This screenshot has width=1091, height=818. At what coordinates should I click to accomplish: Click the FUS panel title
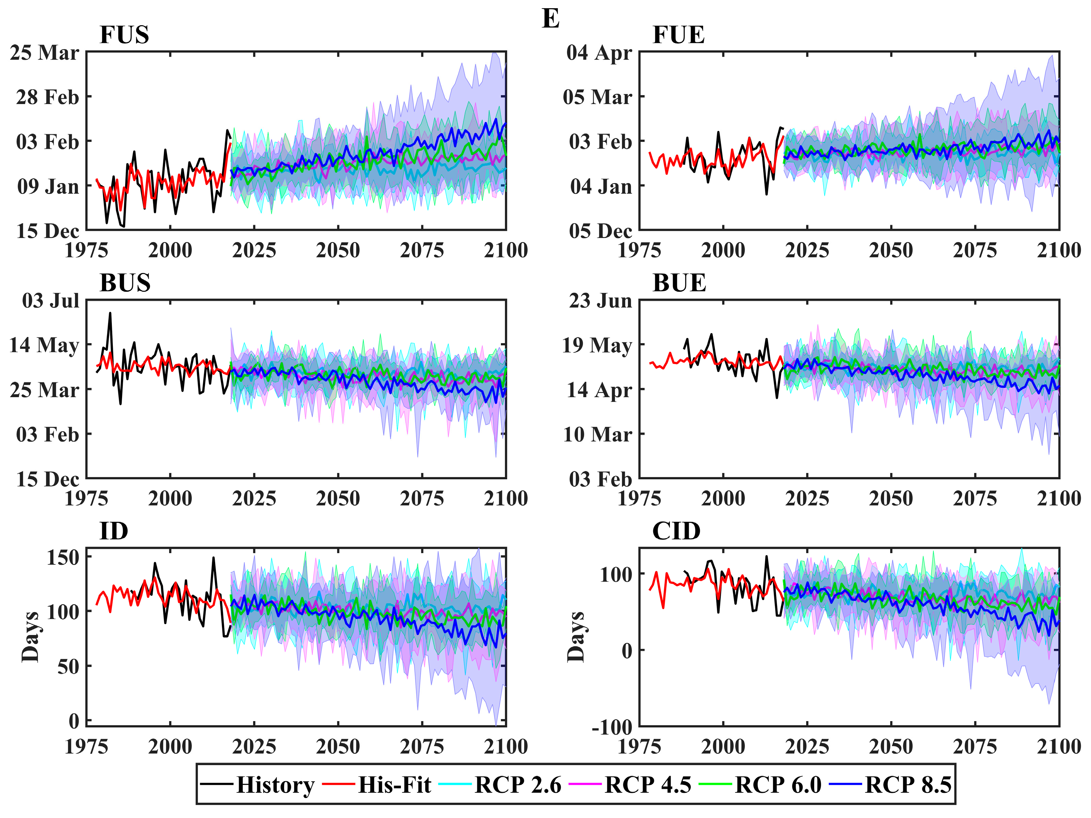pyautogui.click(x=124, y=35)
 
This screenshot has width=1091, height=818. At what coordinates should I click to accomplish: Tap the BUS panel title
pyautogui.click(x=125, y=283)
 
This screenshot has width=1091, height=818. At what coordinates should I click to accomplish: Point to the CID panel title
pyautogui.click(x=676, y=531)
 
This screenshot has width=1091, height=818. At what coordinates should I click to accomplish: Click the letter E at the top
pyautogui.click(x=550, y=19)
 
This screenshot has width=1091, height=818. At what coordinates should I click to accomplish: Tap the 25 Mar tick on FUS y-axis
pyautogui.click(x=44, y=53)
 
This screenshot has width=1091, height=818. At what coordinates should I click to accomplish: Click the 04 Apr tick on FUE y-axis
pyautogui.click(x=599, y=53)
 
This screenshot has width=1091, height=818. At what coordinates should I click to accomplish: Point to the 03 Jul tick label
pyautogui.click(x=50, y=301)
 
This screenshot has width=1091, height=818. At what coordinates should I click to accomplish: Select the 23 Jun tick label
pyautogui.click(x=600, y=301)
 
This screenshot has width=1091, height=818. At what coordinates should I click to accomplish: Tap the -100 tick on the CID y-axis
pyautogui.click(x=612, y=727)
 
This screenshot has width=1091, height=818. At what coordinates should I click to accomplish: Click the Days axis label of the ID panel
pyautogui.click(x=31, y=637)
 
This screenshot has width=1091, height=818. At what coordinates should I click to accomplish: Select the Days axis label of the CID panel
pyautogui.click(x=576, y=637)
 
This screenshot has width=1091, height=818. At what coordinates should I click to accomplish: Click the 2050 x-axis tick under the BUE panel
pyautogui.click(x=891, y=499)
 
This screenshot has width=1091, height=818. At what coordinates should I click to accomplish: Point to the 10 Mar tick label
pyautogui.click(x=597, y=435)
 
